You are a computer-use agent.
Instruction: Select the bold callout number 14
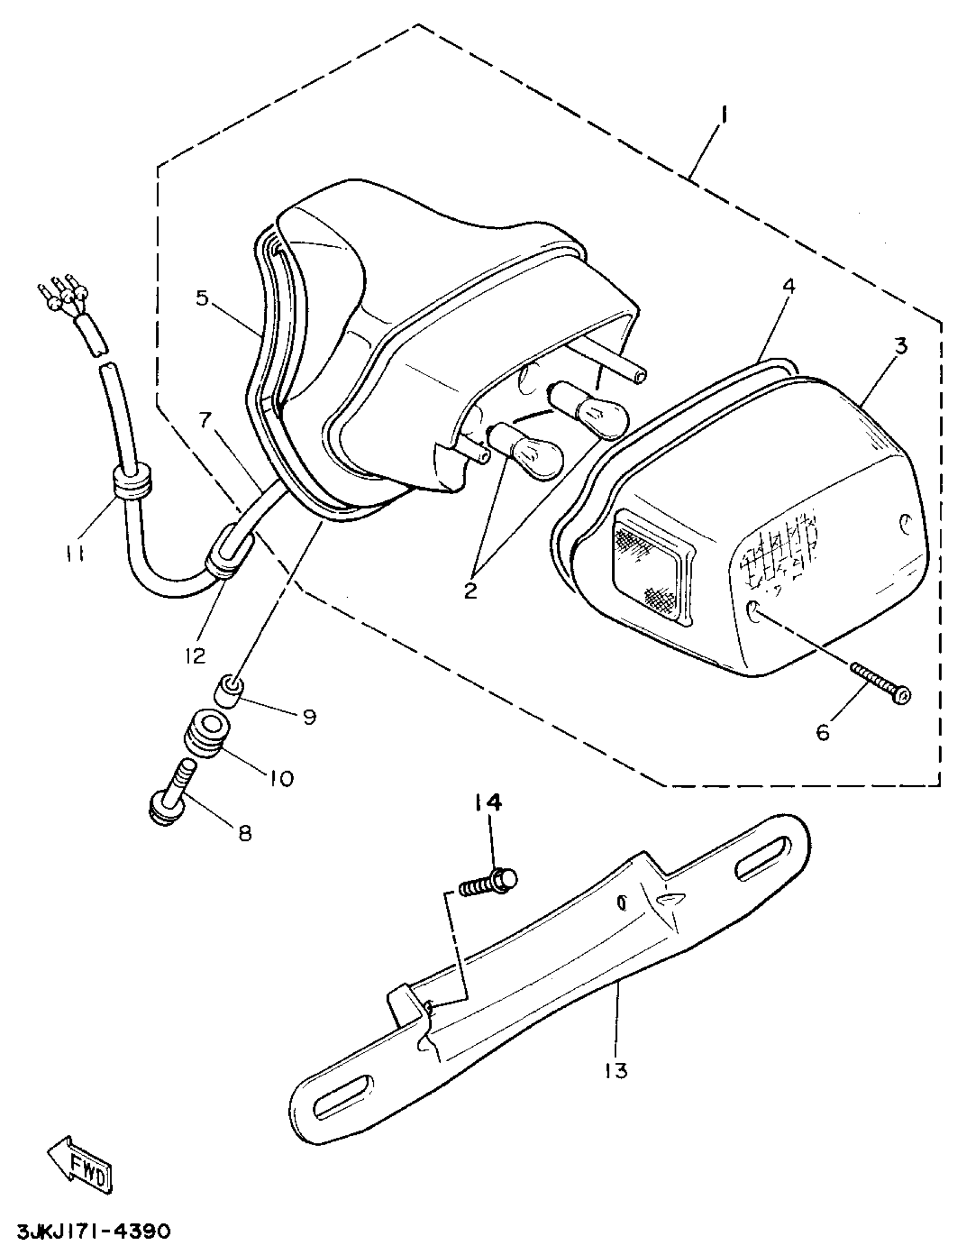tap(488, 803)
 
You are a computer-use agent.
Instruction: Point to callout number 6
tap(823, 732)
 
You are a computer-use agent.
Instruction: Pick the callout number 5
tap(202, 298)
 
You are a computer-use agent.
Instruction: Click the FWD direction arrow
tap(80, 1164)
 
